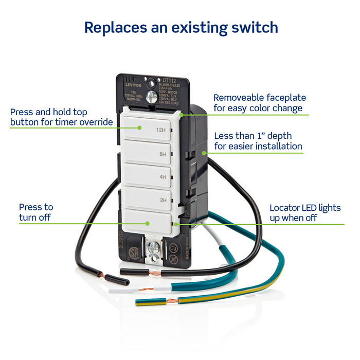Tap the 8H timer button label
click(x=164, y=153)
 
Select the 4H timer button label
click(x=164, y=176)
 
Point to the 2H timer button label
click(x=164, y=200)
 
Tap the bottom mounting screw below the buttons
click(x=153, y=247)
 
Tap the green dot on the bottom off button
click(x=148, y=223)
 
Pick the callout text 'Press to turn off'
click(x=35, y=212)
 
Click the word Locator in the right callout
click(x=286, y=208)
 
